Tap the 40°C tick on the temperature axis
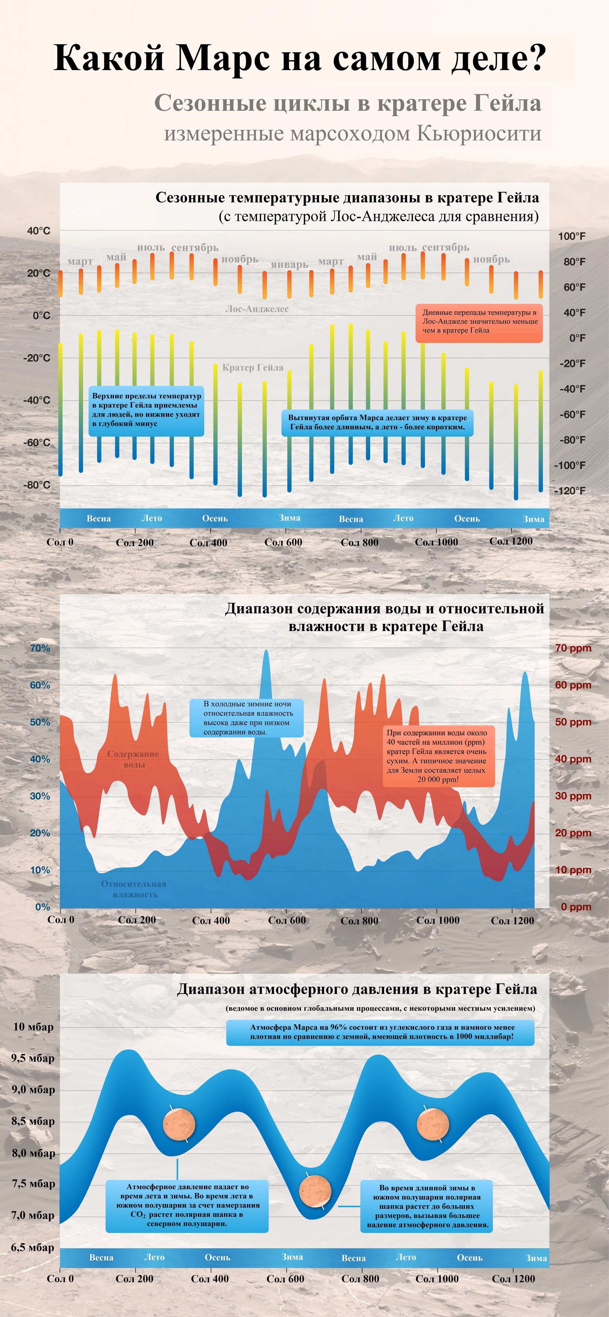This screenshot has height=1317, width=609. pos(39,231)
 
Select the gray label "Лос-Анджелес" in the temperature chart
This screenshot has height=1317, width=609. pos(257,309)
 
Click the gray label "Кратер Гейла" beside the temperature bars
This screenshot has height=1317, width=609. pos(252,367)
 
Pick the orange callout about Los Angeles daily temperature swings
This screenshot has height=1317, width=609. pos(479,322)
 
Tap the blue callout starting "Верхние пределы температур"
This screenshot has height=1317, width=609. pos(146,410)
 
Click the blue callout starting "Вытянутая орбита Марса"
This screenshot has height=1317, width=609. pos(377,422)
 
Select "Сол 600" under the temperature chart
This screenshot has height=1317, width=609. pos(283,543)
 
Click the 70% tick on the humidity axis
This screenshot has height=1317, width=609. pos(40,648)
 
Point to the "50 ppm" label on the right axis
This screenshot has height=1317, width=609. pos(573,722)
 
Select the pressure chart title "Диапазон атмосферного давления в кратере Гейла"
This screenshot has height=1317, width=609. pos(357,989)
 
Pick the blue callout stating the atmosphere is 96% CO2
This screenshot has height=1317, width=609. pos(380,1032)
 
